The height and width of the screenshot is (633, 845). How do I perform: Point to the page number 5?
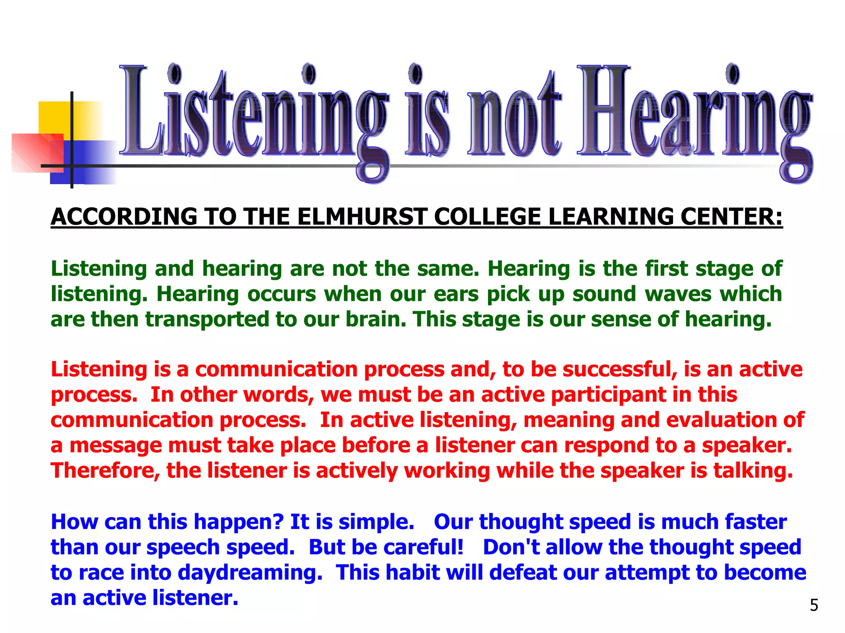814,605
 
